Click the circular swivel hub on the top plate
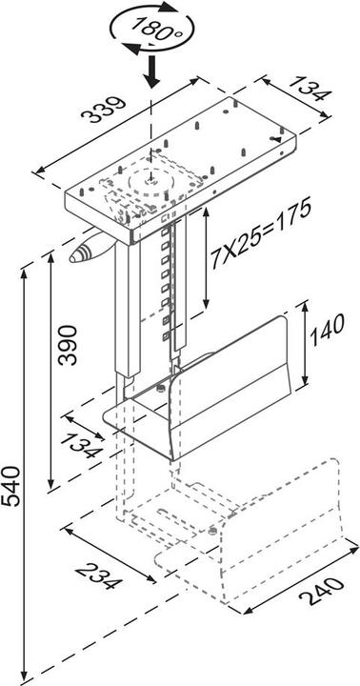(x=148, y=176)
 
